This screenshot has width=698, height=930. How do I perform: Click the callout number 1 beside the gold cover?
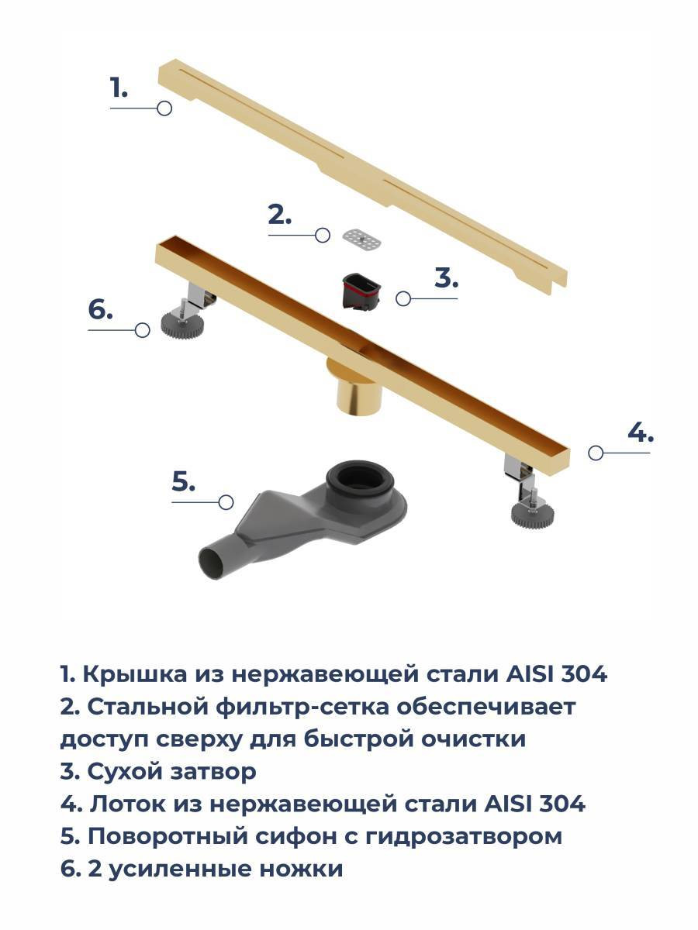(x=119, y=88)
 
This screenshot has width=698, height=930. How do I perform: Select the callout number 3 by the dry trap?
(x=446, y=278)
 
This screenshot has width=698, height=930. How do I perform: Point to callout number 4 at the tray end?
(x=641, y=432)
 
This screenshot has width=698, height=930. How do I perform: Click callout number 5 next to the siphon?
(x=184, y=481)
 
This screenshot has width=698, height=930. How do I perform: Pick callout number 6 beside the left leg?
(x=101, y=309)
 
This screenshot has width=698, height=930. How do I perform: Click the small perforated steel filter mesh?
(x=361, y=239)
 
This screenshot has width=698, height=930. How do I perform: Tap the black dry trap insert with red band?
(x=361, y=291)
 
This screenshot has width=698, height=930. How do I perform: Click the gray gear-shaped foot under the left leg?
(x=182, y=324)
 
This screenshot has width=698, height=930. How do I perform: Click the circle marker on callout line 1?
(x=164, y=108)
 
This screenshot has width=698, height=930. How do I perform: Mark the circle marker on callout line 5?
(x=226, y=502)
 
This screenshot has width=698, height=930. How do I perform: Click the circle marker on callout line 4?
(x=596, y=453)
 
